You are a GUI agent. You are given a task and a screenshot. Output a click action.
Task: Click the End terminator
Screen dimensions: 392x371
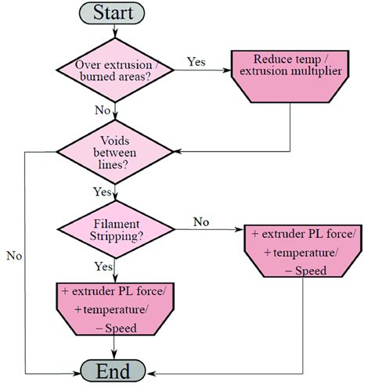point(114,370)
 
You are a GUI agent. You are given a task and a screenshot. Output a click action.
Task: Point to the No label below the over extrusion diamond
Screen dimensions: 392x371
point(103,110)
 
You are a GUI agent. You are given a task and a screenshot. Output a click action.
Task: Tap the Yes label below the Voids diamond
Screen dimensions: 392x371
point(103,191)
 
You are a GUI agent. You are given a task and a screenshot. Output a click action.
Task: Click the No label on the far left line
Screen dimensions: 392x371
point(13,255)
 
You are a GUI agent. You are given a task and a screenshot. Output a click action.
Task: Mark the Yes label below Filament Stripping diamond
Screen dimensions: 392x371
point(103,266)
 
